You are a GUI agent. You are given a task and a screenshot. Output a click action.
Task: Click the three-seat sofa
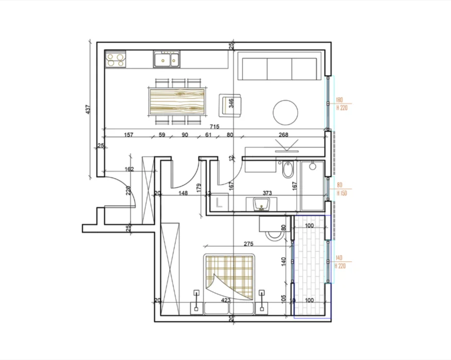(x=280, y=69)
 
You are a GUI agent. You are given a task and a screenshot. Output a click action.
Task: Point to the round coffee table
(x=285, y=112)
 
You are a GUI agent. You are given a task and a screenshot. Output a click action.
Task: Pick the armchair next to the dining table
(x=227, y=104)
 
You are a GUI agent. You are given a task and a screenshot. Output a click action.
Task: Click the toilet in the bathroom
(x=287, y=169)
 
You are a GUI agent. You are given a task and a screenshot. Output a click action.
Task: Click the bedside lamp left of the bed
(x=196, y=301)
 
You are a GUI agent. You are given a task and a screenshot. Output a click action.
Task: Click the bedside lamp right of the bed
(x=263, y=301)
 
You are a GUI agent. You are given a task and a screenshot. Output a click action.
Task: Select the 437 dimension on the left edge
(x=88, y=109)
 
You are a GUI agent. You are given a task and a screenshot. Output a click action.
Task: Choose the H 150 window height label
(x=341, y=193)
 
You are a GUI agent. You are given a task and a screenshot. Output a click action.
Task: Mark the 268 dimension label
(x=283, y=135)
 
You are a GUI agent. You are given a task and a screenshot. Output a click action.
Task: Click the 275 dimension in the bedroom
(x=250, y=243)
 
